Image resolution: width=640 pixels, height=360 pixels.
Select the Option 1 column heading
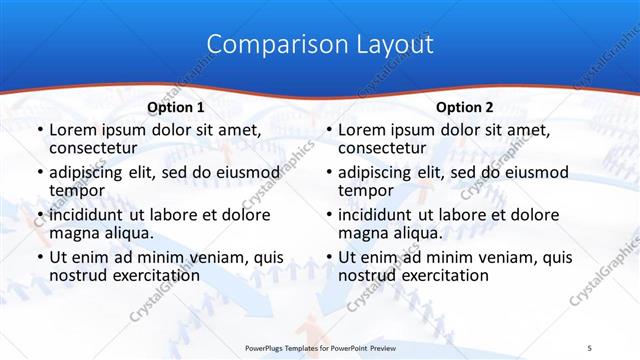(176, 107)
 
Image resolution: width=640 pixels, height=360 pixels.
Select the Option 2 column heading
(464, 107)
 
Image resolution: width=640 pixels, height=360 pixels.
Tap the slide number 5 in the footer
(589, 347)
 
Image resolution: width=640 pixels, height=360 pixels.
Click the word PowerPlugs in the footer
(270, 347)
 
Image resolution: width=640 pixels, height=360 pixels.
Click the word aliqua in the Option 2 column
(417, 233)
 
